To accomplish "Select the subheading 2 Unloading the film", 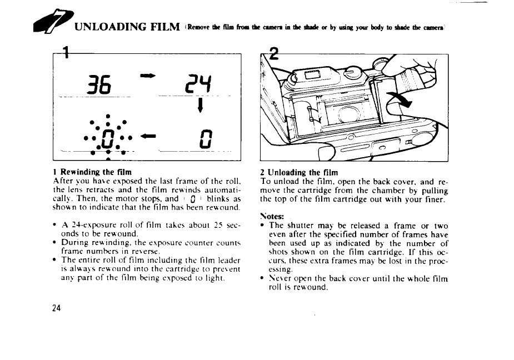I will coord(299,172).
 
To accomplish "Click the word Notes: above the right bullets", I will coord(273,216).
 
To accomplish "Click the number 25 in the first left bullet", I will coord(219,226).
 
